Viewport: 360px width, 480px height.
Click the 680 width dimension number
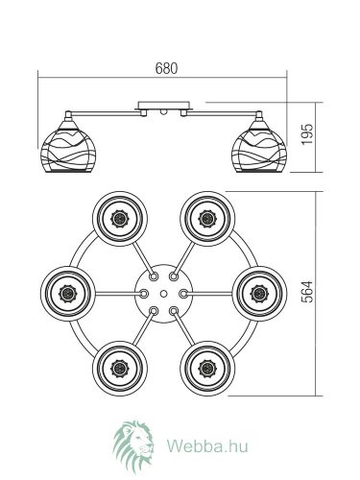pyautogui.click(x=166, y=68)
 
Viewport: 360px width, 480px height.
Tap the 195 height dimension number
pyautogui.click(x=307, y=134)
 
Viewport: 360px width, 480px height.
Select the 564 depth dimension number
pyautogui.click(x=307, y=292)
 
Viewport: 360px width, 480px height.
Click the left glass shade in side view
pyautogui.click(x=68, y=147)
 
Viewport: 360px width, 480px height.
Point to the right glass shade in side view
pyautogui.click(x=259, y=147)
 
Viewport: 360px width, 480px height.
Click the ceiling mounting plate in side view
pyautogui.click(x=164, y=106)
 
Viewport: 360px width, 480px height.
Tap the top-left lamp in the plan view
pyautogui.click(x=120, y=219)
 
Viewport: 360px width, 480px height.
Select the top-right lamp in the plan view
pyautogui.click(x=207, y=219)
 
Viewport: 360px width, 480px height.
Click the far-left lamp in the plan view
pyautogui.click(x=68, y=294)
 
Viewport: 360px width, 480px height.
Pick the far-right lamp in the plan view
pyautogui.click(x=259, y=294)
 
